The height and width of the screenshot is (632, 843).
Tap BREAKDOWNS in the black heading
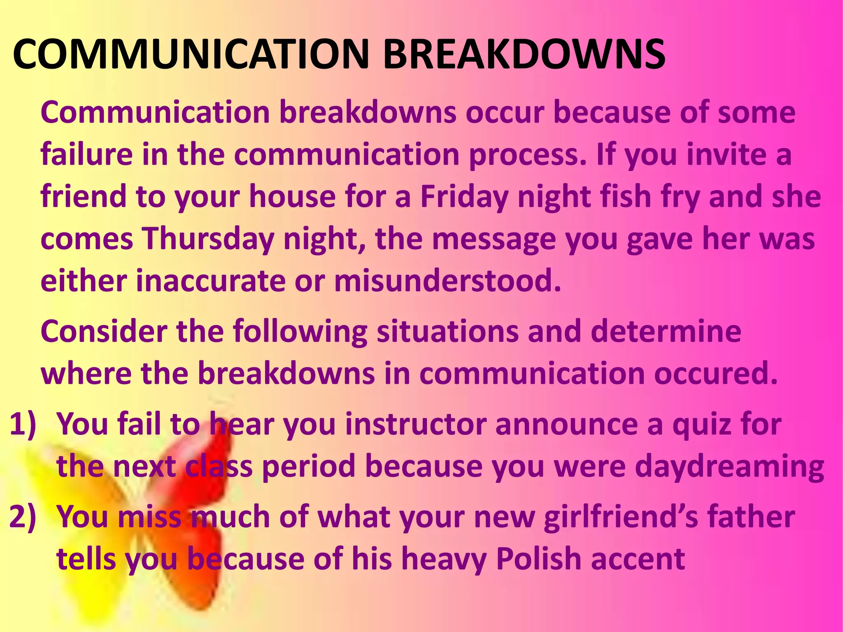click(x=524, y=54)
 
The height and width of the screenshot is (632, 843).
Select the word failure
click(x=87, y=155)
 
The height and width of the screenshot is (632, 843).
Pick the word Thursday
click(x=208, y=239)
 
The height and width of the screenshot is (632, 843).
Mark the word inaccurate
click(x=210, y=281)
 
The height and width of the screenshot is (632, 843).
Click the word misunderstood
click(x=447, y=281)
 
